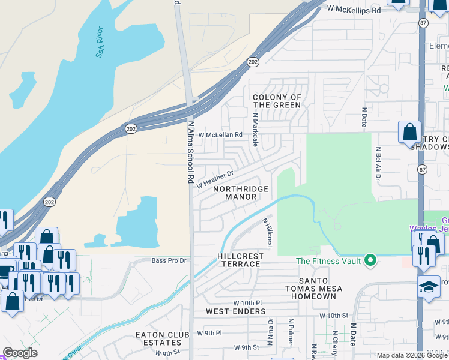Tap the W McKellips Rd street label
[354, 10]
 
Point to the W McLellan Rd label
[220, 135]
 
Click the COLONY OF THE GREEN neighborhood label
[277, 101]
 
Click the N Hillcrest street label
[268, 233]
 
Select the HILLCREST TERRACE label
[240, 260]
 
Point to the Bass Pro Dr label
[169, 261]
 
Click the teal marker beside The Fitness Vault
[370, 260]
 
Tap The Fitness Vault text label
[328, 260]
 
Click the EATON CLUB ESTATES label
[163, 338]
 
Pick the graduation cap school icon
[430, 286]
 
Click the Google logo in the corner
[20, 353]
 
